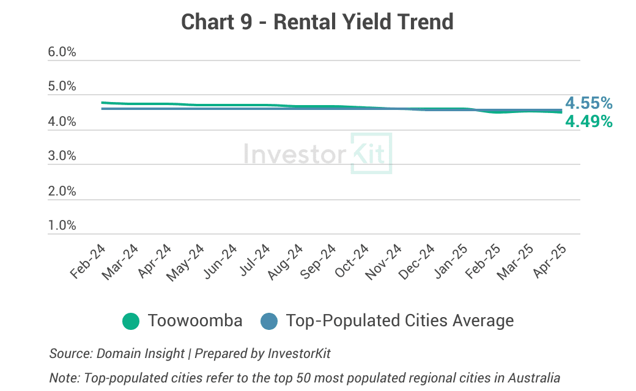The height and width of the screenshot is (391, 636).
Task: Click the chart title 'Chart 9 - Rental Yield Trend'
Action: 317,22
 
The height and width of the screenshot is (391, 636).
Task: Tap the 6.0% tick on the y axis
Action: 62,53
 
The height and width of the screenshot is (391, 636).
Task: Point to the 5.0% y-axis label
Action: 62,87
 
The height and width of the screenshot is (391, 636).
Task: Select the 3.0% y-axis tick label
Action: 62,156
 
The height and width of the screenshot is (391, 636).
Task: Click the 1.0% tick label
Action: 62,226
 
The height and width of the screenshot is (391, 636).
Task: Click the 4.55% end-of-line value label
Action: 588,103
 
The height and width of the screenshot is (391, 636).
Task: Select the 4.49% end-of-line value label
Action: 588,122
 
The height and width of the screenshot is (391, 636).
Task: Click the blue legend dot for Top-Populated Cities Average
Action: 269,321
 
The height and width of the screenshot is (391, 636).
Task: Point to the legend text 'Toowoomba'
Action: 195,321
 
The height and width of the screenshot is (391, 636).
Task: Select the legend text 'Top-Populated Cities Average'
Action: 400,321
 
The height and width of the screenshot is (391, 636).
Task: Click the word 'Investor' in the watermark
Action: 294,153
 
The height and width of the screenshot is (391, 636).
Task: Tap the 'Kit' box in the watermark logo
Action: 371,153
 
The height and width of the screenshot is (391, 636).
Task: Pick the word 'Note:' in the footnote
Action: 62,378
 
